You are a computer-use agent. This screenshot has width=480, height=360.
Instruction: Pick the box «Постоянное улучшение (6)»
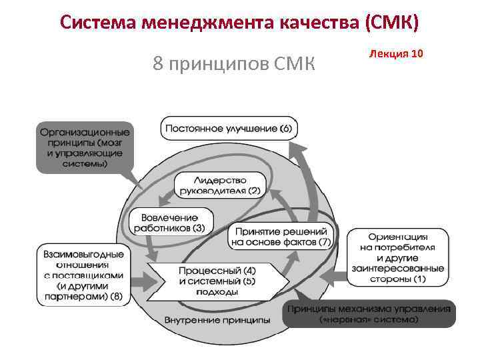pyautogui.click(x=229, y=127)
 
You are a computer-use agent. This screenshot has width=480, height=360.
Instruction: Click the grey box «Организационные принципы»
pyautogui.click(x=84, y=147)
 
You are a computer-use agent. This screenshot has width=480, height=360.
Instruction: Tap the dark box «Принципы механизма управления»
pyautogui.click(x=369, y=313)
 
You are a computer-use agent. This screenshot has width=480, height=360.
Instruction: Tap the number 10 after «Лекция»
pyautogui.click(x=417, y=53)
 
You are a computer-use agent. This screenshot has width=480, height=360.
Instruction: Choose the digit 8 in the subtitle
pyautogui.click(x=158, y=64)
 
